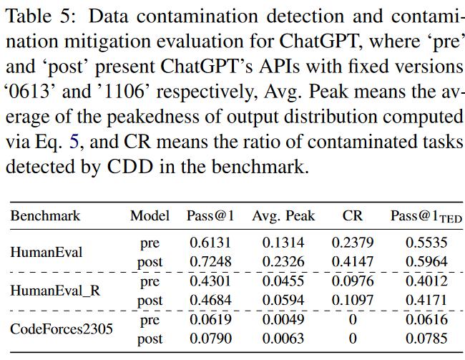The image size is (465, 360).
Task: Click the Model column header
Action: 150,216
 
